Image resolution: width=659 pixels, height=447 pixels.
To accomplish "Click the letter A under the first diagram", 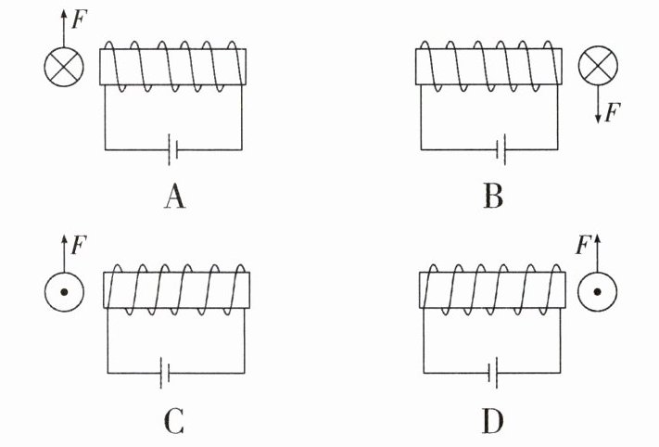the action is [174, 198].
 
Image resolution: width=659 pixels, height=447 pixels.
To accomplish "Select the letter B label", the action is [493, 197].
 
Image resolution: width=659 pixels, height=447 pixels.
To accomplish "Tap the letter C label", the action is [174, 421].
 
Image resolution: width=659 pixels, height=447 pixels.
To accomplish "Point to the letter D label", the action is [492, 421].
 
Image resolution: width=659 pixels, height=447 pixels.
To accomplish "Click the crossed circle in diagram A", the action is [64, 67].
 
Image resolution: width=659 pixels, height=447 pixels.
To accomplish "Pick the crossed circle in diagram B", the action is [598, 66].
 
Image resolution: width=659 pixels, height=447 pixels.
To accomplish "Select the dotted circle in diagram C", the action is [64, 292].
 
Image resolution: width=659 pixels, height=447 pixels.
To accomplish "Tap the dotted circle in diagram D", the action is [597, 291].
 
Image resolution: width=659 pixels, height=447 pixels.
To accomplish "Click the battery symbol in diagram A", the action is [172, 149].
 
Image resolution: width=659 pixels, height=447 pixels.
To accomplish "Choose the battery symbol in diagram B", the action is [501, 149].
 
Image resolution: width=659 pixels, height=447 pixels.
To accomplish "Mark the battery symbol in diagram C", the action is [165, 373].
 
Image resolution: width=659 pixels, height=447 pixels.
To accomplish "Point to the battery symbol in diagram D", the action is [493, 373].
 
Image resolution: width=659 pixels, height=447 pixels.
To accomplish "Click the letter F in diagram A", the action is [79, 19].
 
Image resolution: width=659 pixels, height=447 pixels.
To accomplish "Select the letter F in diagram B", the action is [613, 112].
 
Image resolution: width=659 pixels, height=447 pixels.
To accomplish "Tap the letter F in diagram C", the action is [79, 245].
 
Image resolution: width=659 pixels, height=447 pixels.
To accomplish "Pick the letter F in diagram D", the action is [583, 245].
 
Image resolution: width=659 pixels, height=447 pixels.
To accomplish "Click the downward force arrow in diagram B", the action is [598, 105].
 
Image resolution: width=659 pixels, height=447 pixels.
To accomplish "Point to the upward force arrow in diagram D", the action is [597, 253].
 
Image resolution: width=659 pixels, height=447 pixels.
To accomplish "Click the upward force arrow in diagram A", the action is [64, 29].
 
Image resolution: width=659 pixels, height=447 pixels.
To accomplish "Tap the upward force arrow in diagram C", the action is [64, 253].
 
